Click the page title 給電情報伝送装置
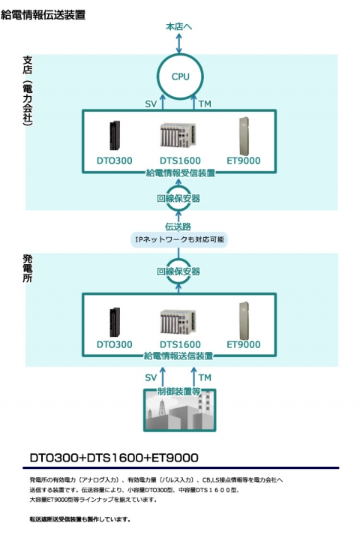click(43, 14)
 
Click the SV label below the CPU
click(150, 103)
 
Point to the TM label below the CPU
click(205, 103)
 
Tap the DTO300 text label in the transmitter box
click(114, 344)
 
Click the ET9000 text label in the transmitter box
click(243, 344)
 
